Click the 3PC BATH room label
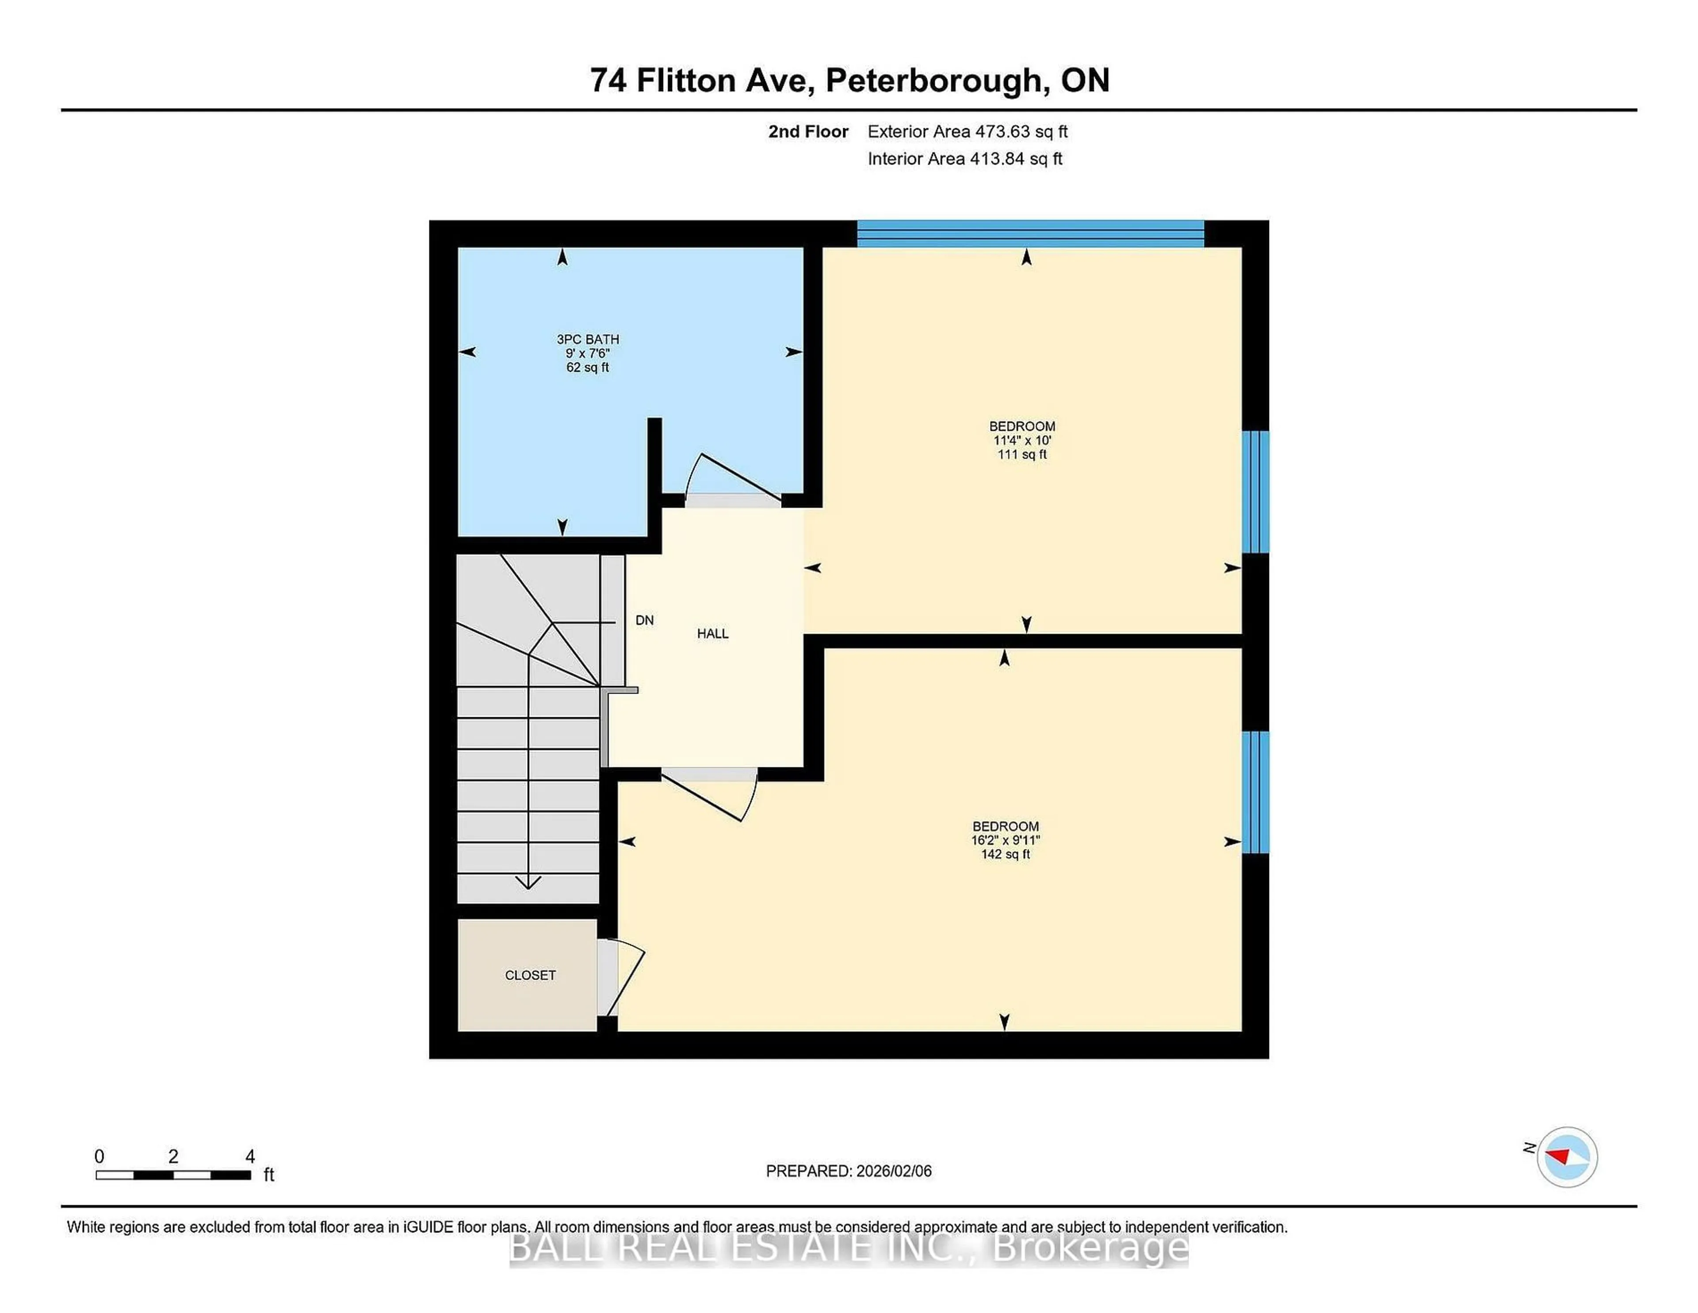pyautogui.click(x=588, y=339)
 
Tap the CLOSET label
pyautogui.click(x=530, y=975)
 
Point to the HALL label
pyautogui.click(x=712, y=634)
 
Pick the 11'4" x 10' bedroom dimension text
pyautogui.click(x=1021, y=440)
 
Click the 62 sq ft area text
pyautogui.click(x=588, y=367)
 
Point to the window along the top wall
pyautogui.click(x=1030, y=233)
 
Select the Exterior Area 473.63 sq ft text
pyautogui.click(x=967, y=131)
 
